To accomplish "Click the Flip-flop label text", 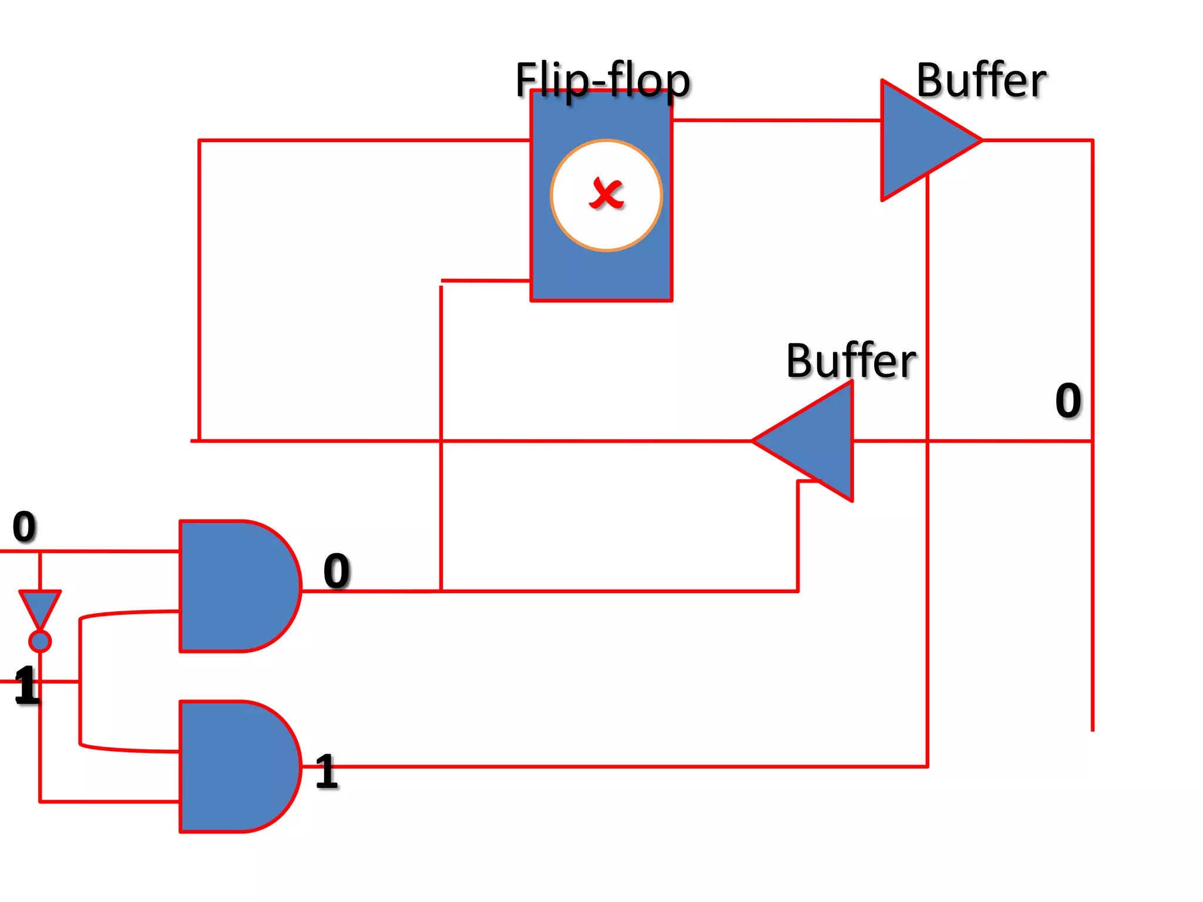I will (602, 80).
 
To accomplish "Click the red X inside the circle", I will (606, 193).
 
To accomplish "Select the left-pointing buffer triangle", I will (816, 440).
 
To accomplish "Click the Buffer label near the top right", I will (980, 80).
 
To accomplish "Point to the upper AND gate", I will (235, 585).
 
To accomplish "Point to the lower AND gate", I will (235, 766).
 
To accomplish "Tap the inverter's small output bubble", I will (40, 641).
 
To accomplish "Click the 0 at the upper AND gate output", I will (337, 570).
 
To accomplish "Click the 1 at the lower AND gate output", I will (327, 771).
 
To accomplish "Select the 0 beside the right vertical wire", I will (1067, 400).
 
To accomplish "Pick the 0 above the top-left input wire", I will (24, 526).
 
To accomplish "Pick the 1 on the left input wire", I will (26, 685).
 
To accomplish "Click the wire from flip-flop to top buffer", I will (775, 120).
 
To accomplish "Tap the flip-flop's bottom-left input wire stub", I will (485, 281).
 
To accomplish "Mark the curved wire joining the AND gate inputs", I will (80, 681).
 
